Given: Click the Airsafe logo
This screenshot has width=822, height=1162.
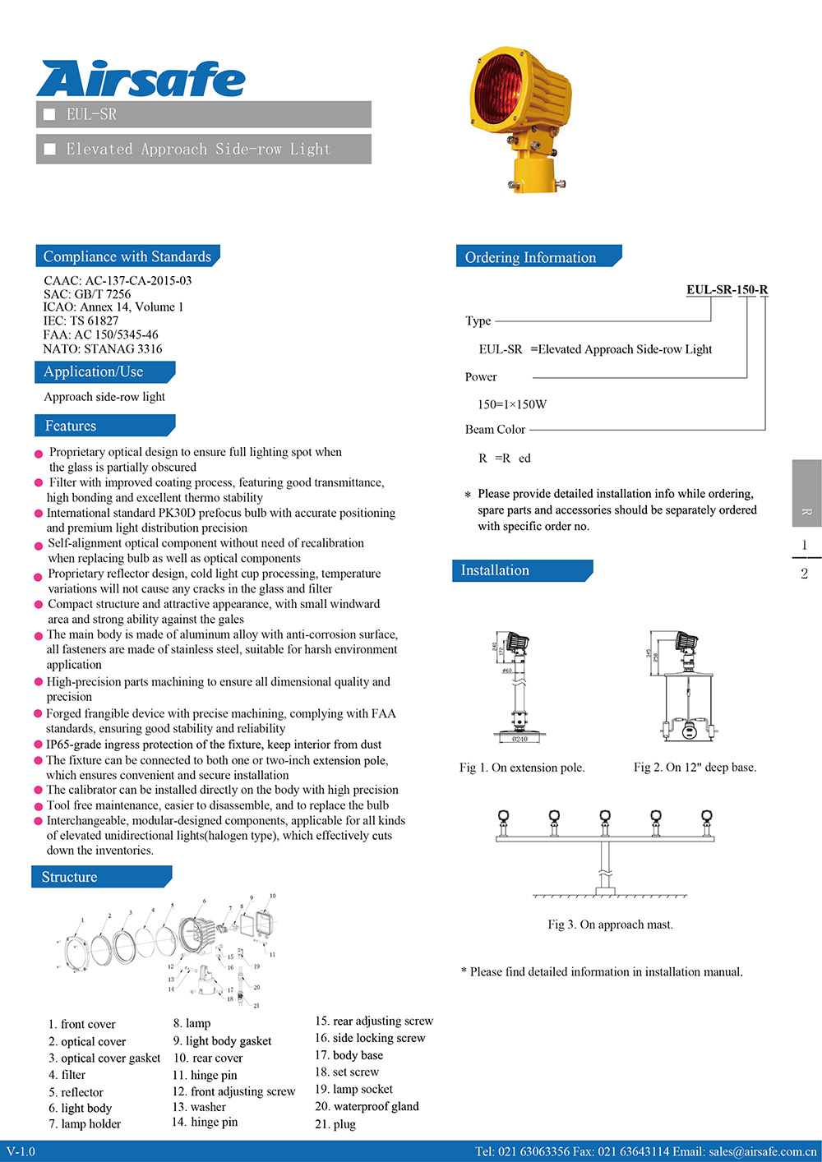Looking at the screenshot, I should click(141, 80).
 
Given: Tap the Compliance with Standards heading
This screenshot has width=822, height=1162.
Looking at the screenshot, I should click(127, 256).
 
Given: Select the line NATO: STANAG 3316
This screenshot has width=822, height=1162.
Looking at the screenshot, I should click(103, 348).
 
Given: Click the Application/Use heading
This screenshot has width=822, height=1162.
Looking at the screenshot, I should click(93, 371).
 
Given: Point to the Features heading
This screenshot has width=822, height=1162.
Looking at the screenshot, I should click(71, 426).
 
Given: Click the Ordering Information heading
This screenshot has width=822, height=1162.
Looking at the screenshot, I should click(530, 257).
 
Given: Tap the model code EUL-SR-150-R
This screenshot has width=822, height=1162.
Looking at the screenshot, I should click(727, 289).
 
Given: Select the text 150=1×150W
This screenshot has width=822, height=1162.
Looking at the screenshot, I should click(511, 404).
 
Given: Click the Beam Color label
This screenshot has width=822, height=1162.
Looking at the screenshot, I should click(495, 429).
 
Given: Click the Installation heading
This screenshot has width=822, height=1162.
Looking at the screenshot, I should click(495, 570).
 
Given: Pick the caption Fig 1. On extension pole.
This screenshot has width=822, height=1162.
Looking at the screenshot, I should click(522, 768).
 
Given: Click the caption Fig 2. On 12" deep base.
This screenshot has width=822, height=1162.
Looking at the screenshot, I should click(695, 768).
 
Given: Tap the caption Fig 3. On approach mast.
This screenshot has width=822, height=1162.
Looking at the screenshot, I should click(610, 925).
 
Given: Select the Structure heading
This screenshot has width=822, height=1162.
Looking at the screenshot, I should click(69, 877).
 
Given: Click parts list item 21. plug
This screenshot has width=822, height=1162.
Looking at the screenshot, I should click(335, 1124).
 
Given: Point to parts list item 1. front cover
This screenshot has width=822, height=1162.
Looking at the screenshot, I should click(81, 1024).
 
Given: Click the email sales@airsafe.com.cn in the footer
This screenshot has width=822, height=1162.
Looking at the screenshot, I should click(763, 1151).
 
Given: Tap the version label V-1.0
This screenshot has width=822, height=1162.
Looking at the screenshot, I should click(21, 1151).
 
